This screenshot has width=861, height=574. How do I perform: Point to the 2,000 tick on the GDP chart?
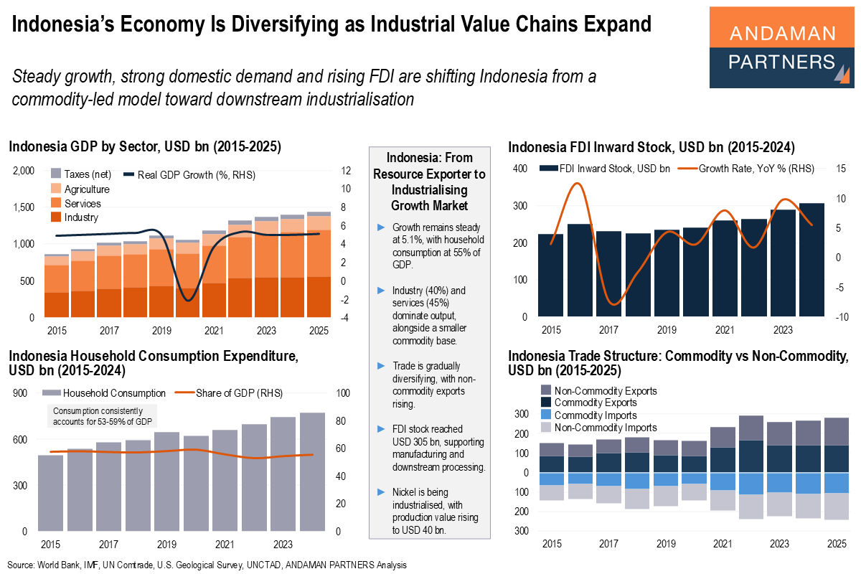[24, 171]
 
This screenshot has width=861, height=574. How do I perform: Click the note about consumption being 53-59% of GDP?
[104, 416]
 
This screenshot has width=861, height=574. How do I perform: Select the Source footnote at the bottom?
[208, 565]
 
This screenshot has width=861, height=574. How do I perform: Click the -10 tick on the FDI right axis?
[843, 317]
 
